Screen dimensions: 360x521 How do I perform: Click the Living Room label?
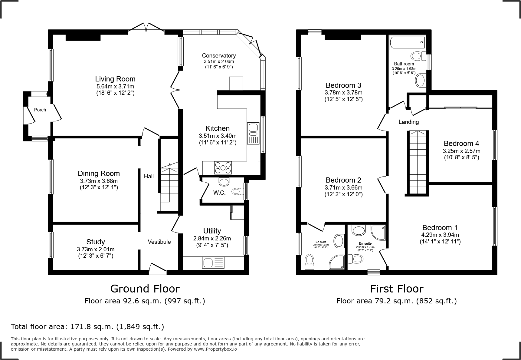[x=115, y=79]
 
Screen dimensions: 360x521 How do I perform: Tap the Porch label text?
[x=40, y=110]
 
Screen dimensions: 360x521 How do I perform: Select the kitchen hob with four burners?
[x=223, y=168]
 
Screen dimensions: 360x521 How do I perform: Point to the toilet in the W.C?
[x=238, y=191]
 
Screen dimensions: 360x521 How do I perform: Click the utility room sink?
[x=213, y=263]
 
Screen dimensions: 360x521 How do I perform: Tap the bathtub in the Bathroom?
[x=407, y=42]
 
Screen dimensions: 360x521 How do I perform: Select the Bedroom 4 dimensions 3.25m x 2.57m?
[x=461, y=151]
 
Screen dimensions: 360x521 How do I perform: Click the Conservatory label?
[x=219, y=55]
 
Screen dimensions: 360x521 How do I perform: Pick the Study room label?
[x=96, y=242]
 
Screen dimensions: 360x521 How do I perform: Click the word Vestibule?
[x=159, y=242]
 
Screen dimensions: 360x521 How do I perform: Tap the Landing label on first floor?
[x=408, y=122]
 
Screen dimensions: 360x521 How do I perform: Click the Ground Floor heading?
[x=145, y=289]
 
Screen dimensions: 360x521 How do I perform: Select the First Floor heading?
[x=396, y=289]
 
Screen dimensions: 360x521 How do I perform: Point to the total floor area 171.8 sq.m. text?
[x=87, y=327]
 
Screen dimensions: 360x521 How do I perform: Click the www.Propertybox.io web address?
[x=215, y=349]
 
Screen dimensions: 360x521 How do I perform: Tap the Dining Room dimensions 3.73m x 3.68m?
[x=99, y=181]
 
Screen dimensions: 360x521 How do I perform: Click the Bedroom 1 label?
[x=440, y=228]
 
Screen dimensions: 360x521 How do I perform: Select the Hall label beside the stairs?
[x=149, y=176]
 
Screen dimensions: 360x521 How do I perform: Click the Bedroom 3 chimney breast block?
[x=343, y=37]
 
